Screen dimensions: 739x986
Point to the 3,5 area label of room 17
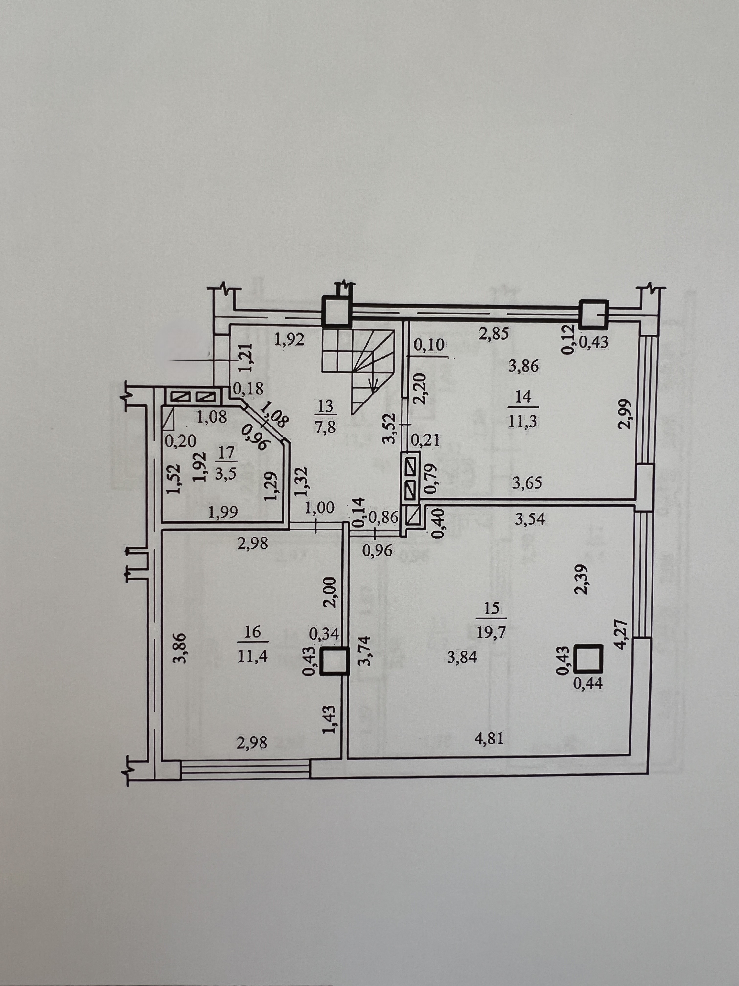tap(227, 473)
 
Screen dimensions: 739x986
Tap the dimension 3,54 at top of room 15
tap(529, 520)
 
